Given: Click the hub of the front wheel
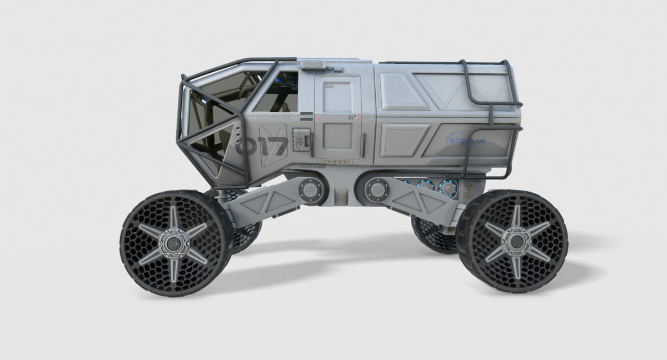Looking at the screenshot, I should click(x=175, y=243).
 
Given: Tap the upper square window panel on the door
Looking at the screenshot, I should click(x=336, y=97).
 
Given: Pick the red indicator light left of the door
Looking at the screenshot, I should click(x=317, y=119).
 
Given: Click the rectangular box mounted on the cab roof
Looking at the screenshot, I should click(x=315, y=66).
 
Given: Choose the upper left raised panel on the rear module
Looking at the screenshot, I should click(x=404, y=91).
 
